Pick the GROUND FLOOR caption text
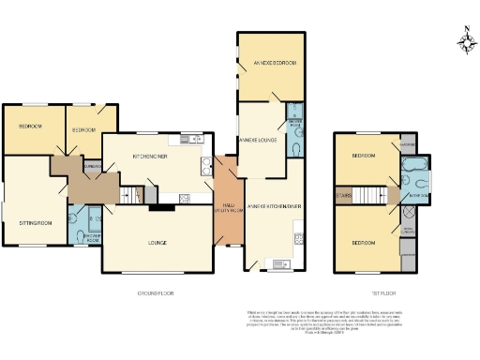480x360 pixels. click(157, 292)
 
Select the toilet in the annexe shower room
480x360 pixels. click(296, 150)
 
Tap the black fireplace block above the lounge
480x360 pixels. click(155, 208)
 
